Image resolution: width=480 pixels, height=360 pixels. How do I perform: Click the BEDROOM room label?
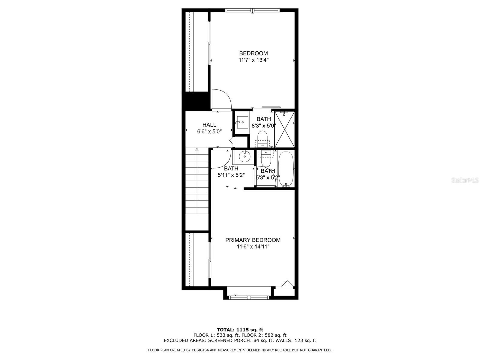(x=253, y=53)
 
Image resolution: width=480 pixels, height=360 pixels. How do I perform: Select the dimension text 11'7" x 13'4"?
(x=253, y=60)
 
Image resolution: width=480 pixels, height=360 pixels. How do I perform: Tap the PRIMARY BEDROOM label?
(x=253, y=240)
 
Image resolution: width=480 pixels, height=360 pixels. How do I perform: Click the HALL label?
(x=209, y=125)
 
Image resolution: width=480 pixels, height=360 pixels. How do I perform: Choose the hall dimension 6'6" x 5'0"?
(x=209, y=131)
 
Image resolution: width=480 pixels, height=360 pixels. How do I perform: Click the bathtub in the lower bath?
(x=286, y=169)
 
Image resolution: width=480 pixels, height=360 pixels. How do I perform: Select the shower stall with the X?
(x=284, y=130)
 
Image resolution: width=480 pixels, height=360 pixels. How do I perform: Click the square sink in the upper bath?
(x=242, y=122)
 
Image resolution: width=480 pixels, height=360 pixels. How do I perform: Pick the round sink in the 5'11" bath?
(x=245, y=156)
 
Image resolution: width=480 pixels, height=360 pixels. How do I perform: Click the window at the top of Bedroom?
(x=253, y=10)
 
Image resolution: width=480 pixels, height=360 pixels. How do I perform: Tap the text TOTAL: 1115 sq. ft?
(x=240, y=330)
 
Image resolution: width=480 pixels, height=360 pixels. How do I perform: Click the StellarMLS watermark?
(x=465, y=180)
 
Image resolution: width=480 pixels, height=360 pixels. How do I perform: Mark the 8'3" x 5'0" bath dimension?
(x=263, y=126)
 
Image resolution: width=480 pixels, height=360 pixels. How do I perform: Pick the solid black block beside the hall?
(x=196, y=101)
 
